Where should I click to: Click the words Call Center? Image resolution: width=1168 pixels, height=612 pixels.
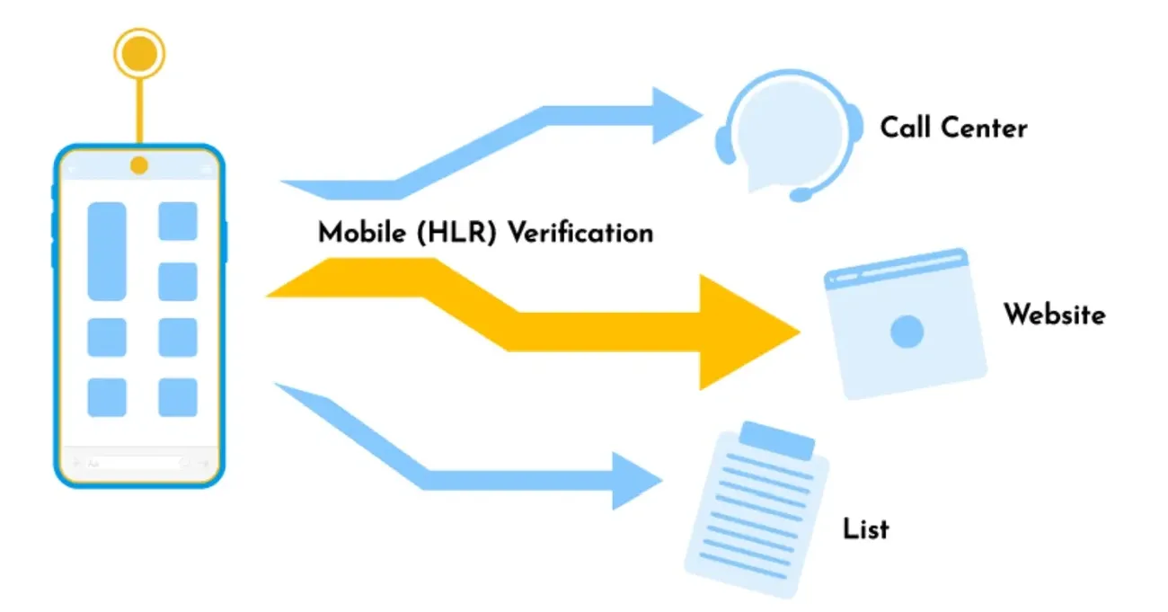coord(953,128)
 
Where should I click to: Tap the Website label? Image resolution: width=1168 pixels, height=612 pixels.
coord(1054,315)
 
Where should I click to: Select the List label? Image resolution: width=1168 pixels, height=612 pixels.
coord(866,528)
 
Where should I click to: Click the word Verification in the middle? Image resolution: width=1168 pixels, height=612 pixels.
coord(580,234)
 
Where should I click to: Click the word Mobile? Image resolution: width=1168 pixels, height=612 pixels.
coord(359,234)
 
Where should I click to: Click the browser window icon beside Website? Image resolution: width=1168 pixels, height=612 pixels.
coord(905,324)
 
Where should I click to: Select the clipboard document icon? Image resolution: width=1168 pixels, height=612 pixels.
coord(757,508)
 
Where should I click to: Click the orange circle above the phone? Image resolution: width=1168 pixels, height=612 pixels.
coord(139,53)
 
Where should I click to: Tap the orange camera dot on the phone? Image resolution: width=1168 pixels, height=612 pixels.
coord(139,165)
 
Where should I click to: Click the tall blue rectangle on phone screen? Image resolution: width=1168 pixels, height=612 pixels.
coord(107,251)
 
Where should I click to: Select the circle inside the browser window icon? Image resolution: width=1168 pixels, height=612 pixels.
coord(907,332)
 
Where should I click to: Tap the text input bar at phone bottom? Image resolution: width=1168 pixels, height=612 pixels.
coord(138,464)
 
